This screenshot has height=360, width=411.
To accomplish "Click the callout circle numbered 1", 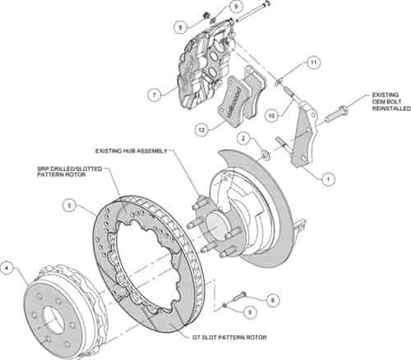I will pyautogui.click(x=327, y=176).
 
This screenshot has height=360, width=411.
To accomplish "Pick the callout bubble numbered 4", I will pyautogui.click(x=7, y=267).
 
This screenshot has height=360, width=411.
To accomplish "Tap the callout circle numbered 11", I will pyautogui.click(x=313, y=62).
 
